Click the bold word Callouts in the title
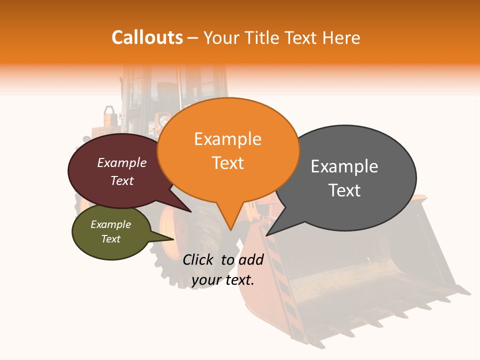click(x=147, y=37)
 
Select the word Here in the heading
click(x=341, y=38)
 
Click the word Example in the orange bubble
click(x=227, y=139)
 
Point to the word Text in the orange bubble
click(x=228, y=163)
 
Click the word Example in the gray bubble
click(x=344, y=166)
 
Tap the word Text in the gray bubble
click(x=344, y=190)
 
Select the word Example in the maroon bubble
click(x=122, y=163)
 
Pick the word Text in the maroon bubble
click(x=122, y=181)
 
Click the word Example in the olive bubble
click(x=111, y=224)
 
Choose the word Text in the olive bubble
click(x=111, y=239)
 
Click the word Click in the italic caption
click(x=198, y=259)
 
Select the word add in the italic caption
click(x=251, y=259)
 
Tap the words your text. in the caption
click(x=223, y=280)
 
